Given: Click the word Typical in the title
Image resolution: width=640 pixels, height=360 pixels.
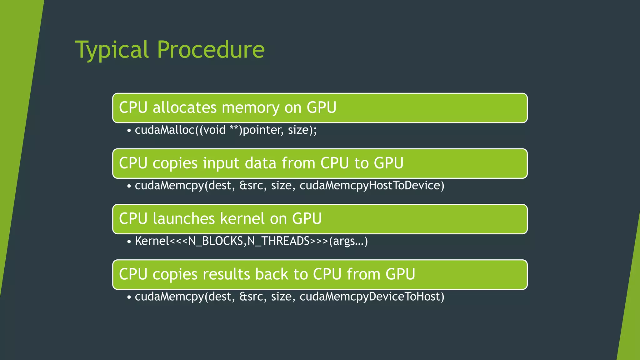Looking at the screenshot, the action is point(112,50).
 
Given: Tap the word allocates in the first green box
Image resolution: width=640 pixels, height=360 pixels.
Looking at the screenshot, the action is point(184,107).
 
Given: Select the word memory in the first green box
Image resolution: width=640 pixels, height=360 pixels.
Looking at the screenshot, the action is point(251,108).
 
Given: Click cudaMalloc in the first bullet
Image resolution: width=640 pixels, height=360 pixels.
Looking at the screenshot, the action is point(165,130).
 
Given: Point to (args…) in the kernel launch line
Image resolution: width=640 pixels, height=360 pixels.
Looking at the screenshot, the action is point(348,241).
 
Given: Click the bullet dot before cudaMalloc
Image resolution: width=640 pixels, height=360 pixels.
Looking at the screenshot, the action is point(129,131).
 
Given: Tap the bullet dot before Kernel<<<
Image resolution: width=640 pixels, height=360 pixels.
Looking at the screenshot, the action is point(129,242).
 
